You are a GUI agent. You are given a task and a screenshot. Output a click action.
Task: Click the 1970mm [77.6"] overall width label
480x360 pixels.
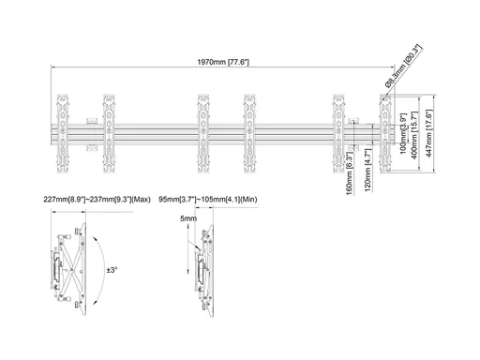pos(223,62)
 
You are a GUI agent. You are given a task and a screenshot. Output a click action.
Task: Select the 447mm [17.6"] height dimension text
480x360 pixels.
pos(428,133)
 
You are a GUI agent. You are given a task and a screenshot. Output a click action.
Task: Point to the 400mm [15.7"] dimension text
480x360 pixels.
pos(414,135)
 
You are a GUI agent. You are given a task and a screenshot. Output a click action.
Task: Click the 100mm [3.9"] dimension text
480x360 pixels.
pos(403,133)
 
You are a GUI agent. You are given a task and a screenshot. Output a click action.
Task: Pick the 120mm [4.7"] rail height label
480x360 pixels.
pos(367,171)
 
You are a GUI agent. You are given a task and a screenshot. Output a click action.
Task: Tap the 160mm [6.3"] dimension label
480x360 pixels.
pos(350,173)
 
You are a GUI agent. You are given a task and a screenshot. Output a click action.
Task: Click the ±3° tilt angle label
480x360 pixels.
pos(112,270)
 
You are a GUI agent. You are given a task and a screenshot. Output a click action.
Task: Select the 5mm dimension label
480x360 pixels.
pos(188,218)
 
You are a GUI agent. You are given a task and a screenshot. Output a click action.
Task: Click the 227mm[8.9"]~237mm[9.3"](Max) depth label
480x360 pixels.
pos(97,200)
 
